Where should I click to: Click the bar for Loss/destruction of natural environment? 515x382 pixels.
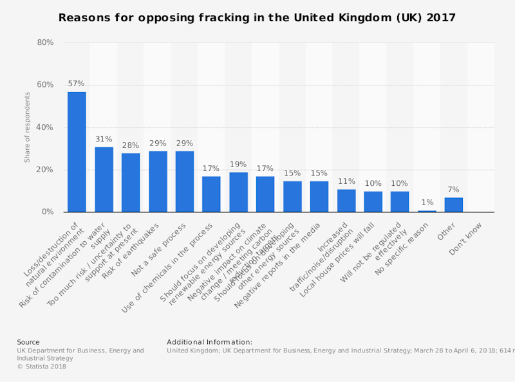(x=77, y=152)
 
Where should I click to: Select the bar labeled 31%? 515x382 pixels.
(x=104, y=179)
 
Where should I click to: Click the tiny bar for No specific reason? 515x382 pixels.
(x=427, y=211)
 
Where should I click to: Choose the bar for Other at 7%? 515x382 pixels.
(x=453, y=205)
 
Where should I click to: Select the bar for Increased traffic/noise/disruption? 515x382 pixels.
(x=346, y=201)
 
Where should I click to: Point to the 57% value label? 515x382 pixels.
(x=77, y=84)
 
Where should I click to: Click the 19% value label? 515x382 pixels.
(x=238, y=165)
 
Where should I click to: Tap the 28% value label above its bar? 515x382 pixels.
(x=131, y=145)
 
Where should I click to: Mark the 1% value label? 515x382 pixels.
(x=427, y=203)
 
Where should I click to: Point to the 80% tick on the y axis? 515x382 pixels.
(x=45, y=42)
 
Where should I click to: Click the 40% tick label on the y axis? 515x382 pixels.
(x=45, y=127)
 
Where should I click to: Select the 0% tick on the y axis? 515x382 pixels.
(x=48, y=212)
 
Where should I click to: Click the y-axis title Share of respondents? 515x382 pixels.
(x=28, y=127)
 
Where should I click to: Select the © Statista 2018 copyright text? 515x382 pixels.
(x=41, y=367)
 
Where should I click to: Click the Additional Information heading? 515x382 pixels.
(x=209, y=342)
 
